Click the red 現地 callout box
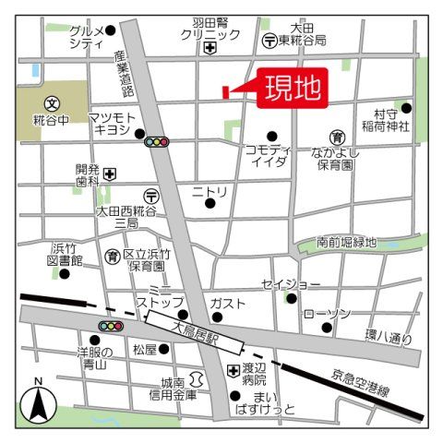click(x=293, y=89)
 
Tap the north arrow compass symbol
click(x=38, y=401)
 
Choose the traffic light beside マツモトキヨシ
click(x=157, y=142)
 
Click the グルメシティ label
click(x=86, y=37)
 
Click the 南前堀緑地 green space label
click(x=346, y=243)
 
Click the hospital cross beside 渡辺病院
click(x=233, y=371)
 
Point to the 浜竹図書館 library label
click(x=66, y=254)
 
